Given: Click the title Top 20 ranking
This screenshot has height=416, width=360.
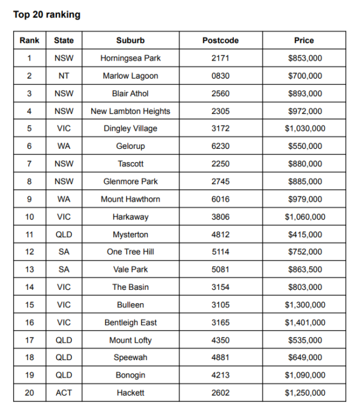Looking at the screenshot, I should (47, 14).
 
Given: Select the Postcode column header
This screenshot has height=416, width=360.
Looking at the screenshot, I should (220, 40).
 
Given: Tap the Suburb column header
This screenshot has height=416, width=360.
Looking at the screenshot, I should (130, 40).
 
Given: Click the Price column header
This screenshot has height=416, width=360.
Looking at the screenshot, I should (304, 40).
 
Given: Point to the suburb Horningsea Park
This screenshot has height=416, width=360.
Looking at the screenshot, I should (130, 58).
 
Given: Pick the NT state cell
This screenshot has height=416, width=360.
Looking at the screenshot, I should (64, 76).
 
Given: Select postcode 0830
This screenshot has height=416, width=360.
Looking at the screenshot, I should (220, 76).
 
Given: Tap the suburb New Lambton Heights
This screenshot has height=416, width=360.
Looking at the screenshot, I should (130, 111).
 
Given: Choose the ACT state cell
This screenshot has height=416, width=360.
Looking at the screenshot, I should (64, 393).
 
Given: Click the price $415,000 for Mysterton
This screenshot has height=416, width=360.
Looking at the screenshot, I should (304, 235).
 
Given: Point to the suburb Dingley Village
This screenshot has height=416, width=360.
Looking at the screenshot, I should (130, 128).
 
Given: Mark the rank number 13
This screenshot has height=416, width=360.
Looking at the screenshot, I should (29, 270).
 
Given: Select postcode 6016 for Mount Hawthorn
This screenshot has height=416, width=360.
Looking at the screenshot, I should (220, 199).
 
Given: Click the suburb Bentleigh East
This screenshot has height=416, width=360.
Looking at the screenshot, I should (130, 322).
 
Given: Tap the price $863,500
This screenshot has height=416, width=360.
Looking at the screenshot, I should (304, 270).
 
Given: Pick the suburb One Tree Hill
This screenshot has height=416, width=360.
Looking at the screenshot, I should (130, 252).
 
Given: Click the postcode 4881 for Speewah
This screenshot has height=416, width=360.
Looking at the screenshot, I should (220, 358).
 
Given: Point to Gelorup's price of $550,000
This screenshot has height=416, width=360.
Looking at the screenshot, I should (304, 146).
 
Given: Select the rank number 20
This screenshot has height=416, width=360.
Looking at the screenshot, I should (29, 393).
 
